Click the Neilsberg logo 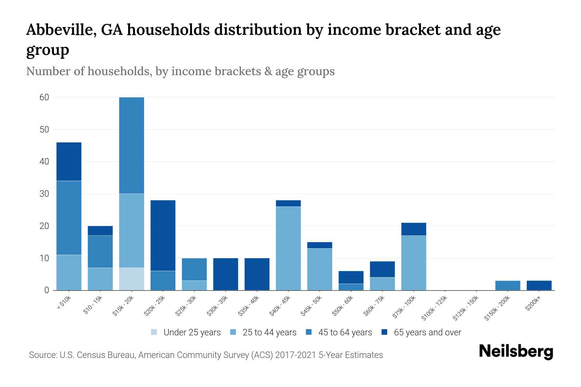coord(516,352)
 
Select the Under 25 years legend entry coord(186,332)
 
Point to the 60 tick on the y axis coord(44,97)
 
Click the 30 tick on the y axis coord(44,194)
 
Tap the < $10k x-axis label coord(65,303)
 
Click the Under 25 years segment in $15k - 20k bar coord(132,279)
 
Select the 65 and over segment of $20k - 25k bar coord(163,235)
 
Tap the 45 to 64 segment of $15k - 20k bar coord(132,145)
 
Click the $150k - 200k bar coord(508,285)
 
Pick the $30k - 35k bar coord(226,274)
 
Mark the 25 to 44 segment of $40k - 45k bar coord(288,248)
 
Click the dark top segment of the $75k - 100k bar coord(414,229)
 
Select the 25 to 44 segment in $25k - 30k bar coord(194,285)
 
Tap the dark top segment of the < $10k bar coord(69,161)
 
